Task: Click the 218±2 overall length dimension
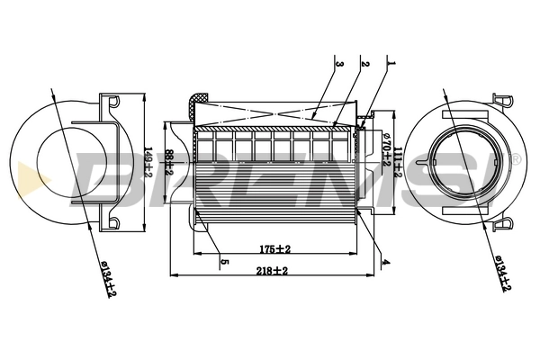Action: click(271, 270)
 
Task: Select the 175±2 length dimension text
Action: click(270, 248)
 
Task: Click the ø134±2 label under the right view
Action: click(502, 273)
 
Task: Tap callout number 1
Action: click(390, 64)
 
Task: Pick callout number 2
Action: click(365, 64)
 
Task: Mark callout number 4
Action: click(384, 262)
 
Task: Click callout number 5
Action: click(223, 262)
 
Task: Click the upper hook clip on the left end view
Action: click(112, 102)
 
